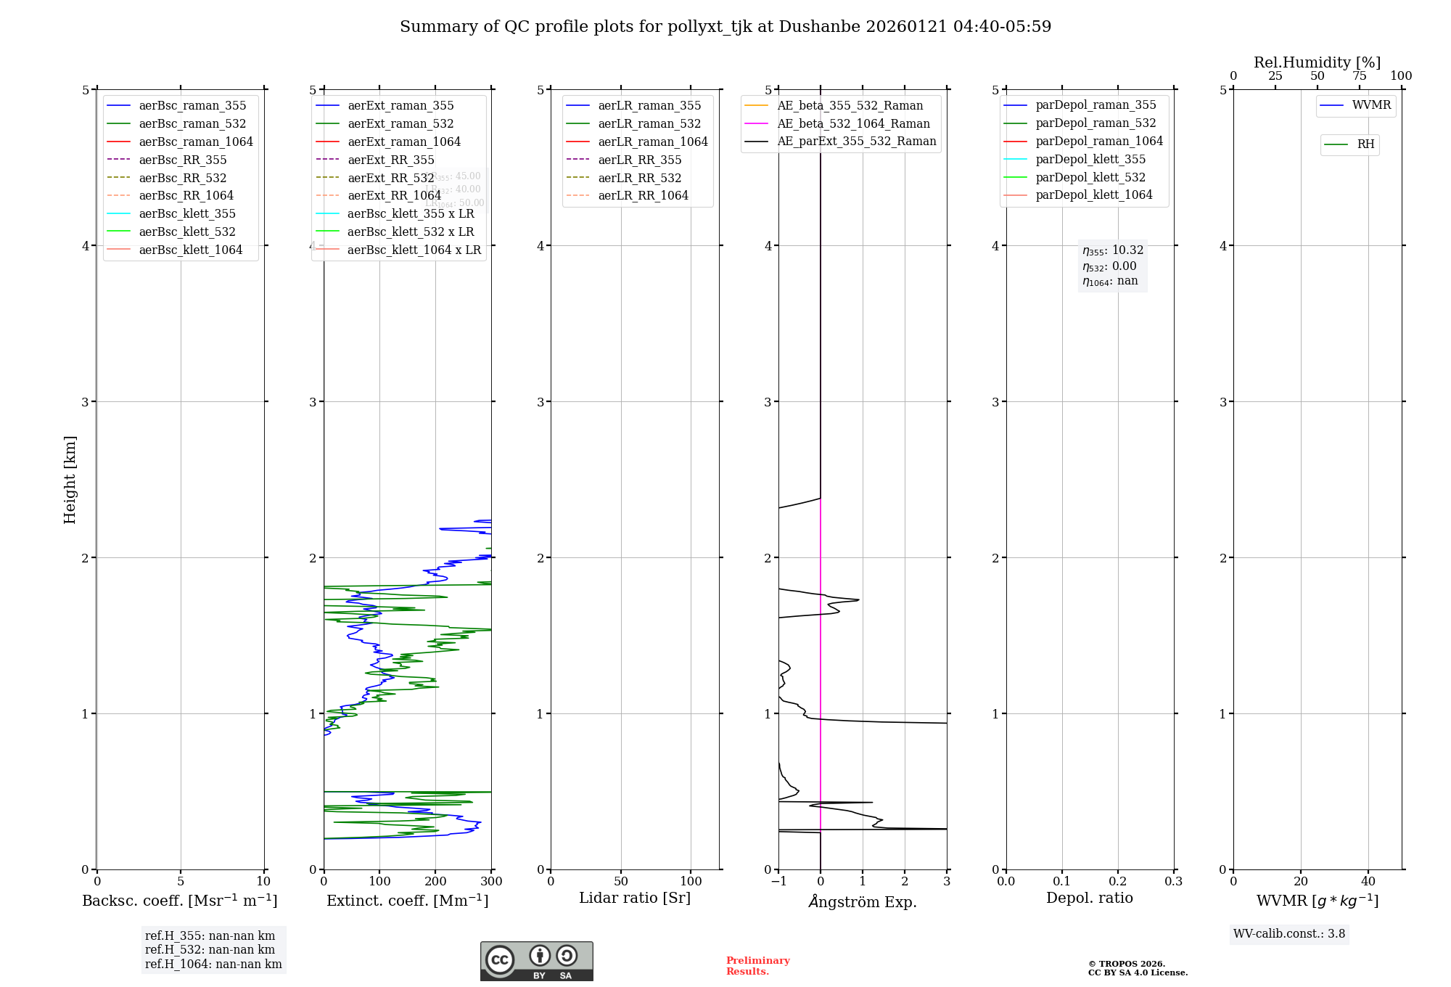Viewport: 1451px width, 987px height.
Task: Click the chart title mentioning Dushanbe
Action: (725, 27)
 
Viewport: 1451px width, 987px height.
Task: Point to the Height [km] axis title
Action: (70, 479)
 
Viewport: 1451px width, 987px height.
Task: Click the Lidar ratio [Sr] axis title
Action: (635, 898)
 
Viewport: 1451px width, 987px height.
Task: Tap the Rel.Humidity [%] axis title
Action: (1317, 62)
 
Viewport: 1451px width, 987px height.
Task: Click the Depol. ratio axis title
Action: (1089, 898)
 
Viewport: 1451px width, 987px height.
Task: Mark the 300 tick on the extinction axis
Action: (491, 882)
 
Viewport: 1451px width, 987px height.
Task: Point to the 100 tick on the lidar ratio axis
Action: (691, 882)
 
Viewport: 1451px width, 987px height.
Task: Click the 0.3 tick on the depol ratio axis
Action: (1173, 882)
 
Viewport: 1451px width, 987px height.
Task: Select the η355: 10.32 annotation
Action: (1112, 250)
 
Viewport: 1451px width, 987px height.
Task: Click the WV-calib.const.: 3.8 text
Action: (1288, 934)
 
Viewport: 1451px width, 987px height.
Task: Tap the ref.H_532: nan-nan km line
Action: (210, 949)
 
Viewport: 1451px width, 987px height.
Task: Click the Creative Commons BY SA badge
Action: (536, 962)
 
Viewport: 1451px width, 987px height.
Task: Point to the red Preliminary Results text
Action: (757, 966)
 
